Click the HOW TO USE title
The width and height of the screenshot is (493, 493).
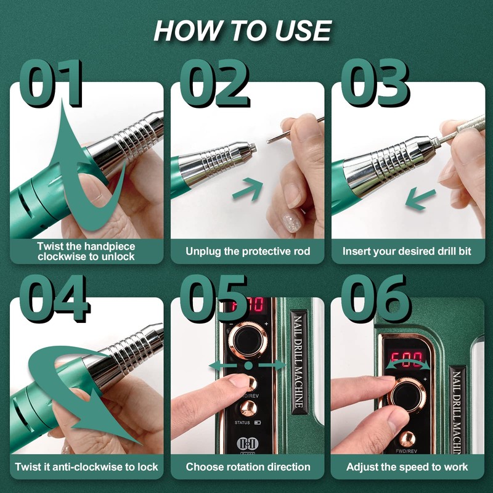point(242,31)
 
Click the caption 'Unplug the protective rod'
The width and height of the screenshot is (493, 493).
point(248,251)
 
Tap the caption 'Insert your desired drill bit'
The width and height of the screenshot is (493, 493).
point(408,251)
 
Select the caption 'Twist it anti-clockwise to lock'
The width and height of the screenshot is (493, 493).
point(87,467)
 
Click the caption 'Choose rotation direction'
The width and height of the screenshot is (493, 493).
point(248,467)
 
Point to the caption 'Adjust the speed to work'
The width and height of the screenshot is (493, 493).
point(407,467)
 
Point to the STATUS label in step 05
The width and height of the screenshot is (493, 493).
point(243,423)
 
